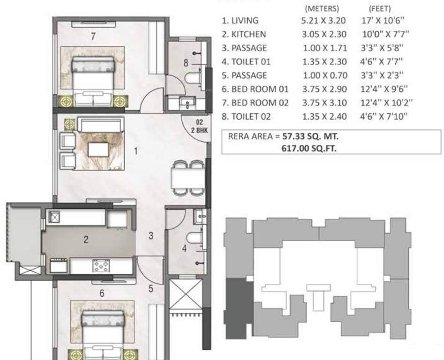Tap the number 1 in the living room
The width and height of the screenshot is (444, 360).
pyautogui.click(x=136, y=151)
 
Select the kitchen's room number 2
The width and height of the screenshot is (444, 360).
pyautogui.click(x=86, y=240)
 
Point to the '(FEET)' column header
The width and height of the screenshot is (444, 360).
pyautogui.click(x=380, y=8)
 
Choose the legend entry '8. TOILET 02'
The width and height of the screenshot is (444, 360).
pyautogui.click(x=246, y=116)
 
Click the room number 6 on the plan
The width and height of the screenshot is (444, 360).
pyautogui.click(x=102, y=293)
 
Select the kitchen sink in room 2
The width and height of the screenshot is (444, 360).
pyautogui.click(x=55, y=217)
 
